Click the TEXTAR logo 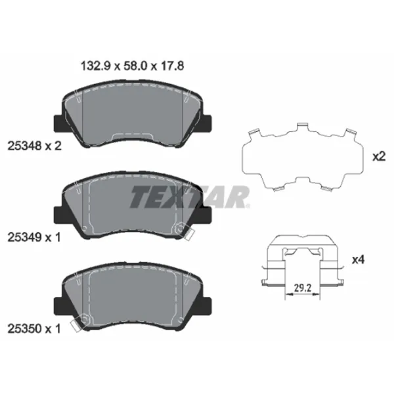point(190,196)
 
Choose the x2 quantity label point(378,157)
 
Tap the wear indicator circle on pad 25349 point(179,228)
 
